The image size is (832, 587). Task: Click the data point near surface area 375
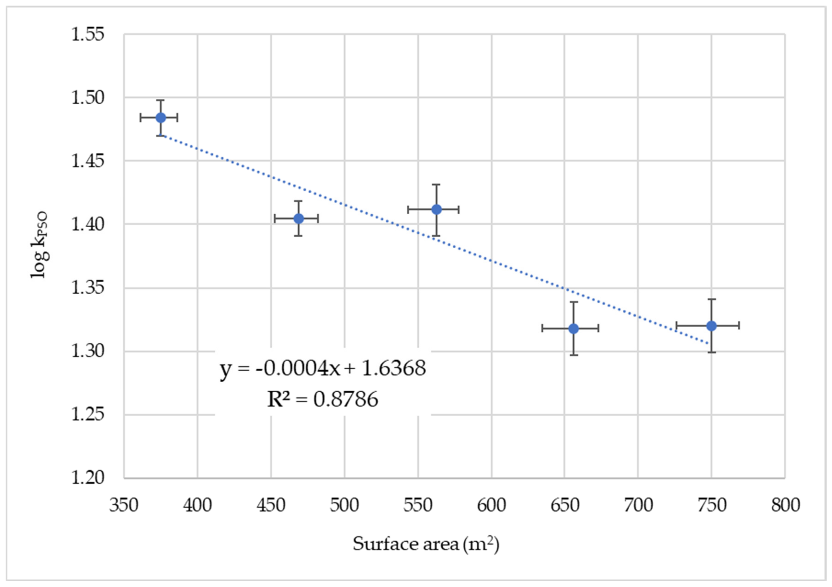coord(161,118)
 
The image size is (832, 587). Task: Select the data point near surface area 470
coord(299,218)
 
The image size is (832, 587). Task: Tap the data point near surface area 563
coord(437,209)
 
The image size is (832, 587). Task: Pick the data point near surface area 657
coord(574,328)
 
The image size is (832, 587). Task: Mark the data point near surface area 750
coord(711,325)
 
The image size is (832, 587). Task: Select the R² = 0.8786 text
coord(322,400)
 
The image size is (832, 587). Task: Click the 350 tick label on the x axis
coord(124,505)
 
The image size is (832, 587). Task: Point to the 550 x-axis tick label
coord(418,505)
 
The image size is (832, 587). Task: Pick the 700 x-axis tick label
coord(638,505)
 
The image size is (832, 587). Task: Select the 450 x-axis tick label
coord(271,505)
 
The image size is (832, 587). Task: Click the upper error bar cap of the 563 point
coord(437,185)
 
